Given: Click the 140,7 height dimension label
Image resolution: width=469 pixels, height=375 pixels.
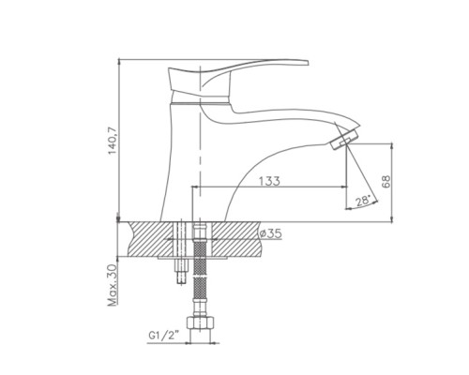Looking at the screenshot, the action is pyautogui.click(x=113, y=141).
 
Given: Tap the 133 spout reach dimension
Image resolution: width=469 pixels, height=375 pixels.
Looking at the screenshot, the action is pyautogui.click(x=269, y=181).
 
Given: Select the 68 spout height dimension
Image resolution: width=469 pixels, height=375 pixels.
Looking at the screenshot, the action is pyautogui.click(x=386, y=182).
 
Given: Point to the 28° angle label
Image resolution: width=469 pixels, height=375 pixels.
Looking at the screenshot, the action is pyautogui.click(x=363, y=200).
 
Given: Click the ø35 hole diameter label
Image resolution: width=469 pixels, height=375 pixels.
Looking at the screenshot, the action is pyautogui.click(x=271, y=233).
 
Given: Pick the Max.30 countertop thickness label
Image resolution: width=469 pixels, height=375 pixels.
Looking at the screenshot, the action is pyautogui.click(x=113, y=285).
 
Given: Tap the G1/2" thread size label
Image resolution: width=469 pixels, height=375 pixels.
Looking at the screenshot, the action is pyautogui.click(x=164, y=336).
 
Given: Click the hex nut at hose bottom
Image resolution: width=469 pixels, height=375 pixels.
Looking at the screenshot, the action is pyautogui.click(x=201, y=322).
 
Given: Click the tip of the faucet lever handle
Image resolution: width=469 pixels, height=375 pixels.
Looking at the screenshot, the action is pyautogui.click(x=308, y=62).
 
